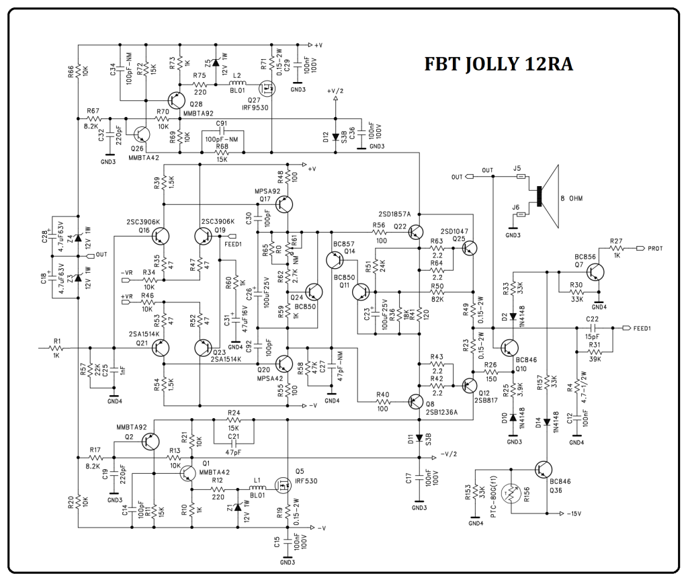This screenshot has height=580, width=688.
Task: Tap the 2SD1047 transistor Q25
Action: [468, 248]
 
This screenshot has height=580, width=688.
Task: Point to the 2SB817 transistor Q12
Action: [468, 385]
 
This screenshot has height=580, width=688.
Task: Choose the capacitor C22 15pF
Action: [592, 328]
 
